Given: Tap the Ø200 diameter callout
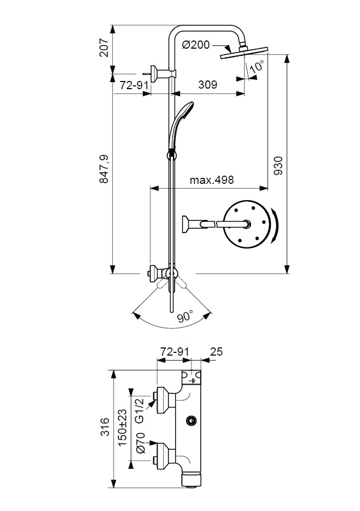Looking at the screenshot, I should [194, 45].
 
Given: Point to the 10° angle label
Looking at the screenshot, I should [257, 67].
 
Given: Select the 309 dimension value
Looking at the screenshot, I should [207, 85].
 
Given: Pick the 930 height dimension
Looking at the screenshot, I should [278, 165].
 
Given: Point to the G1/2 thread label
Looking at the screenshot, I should [140, 410].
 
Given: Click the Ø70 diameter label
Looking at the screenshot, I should [140, 443].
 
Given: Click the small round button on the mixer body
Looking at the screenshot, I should [191, 421].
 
